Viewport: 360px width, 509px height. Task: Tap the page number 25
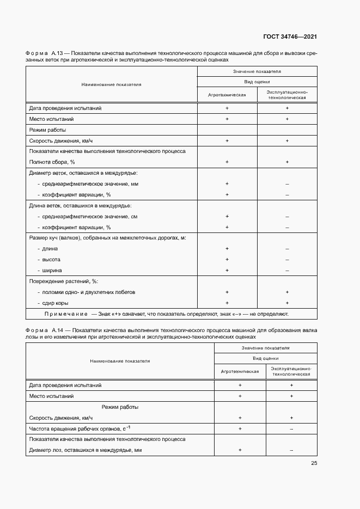(x=314, y=463)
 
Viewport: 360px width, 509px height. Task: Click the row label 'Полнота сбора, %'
(x=52, y=162)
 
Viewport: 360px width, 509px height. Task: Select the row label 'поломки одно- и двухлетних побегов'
(x=86, y=292)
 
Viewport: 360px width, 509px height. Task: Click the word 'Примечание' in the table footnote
(x=66, y=314)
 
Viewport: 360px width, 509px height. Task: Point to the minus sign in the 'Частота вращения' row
(x=291, y=429)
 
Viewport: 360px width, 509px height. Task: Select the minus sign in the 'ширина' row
(x=286, y=271)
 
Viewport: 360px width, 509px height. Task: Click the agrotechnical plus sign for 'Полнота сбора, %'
(x=227, y=162)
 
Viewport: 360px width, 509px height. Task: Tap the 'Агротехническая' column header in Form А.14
(x=240, y=371)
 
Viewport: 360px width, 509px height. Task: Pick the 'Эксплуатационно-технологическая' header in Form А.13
(x=286, y=94)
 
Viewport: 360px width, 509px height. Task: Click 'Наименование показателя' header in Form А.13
(x=111, y=84)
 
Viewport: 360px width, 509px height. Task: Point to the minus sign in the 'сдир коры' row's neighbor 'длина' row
(x=286, y=249)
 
